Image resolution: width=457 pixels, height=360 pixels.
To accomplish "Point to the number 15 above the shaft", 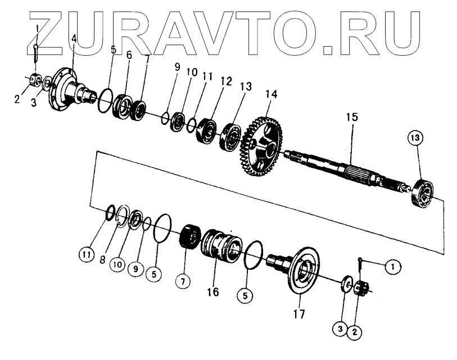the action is [352, 118].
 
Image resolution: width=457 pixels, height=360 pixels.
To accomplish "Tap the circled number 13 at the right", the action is [417, 137].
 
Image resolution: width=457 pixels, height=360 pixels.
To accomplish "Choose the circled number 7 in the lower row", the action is [182, 281].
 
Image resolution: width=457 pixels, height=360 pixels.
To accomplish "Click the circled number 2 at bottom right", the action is [354, 332].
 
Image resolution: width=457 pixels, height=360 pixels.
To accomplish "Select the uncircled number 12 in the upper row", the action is [210, 82].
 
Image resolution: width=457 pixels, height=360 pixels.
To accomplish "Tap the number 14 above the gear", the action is [272, 94].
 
